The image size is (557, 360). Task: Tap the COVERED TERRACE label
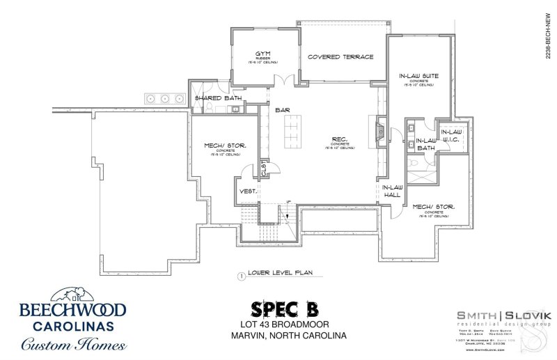pyautogui.click(x=340, y=57)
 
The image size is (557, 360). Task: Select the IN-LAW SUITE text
pyautogui.click(x=418, y=75)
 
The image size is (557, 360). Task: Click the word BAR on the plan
pyautogui.click(x=282, y=110)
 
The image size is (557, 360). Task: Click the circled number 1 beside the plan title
pyautogui.click(x=240, y=276)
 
